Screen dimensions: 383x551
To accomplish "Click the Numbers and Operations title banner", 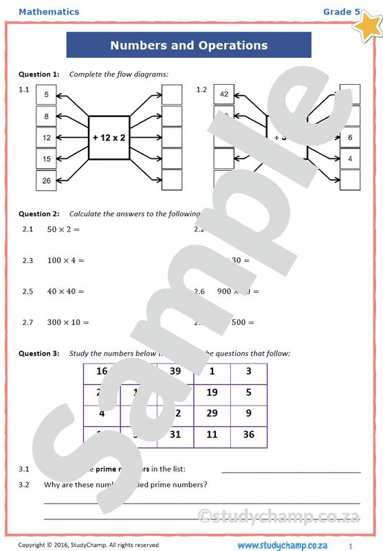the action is (x=188, y=45).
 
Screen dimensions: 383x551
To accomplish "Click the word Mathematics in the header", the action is (x=49, y=12).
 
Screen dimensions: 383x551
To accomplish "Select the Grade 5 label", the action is (x=342, y=12).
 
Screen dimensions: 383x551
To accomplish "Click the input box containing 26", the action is (x=46, y=180).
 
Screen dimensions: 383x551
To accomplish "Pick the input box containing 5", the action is (x=46, y=95).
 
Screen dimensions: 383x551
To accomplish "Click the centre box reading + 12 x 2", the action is (x=109, y=138).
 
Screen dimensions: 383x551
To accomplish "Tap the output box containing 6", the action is (x=349, y=138).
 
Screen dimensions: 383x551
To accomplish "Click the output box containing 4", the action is (x=349, y=159).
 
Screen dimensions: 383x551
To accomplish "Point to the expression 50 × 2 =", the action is (x=64, y=229).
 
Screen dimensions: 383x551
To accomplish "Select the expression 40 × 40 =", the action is (x=66, y=291).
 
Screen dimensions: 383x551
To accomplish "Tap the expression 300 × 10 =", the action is (x=68, y=322).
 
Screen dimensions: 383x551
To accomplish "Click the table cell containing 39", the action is (x=175, y=372).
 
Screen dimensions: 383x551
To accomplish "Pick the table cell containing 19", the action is (x=212, y=393).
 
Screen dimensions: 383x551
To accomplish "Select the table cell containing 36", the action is (x=248, y=435).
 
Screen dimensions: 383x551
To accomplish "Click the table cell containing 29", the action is (x=212, y=414).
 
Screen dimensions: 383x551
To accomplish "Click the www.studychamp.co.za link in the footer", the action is (x=288, y=545).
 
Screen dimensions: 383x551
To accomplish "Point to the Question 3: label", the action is (x=39, y=353).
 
